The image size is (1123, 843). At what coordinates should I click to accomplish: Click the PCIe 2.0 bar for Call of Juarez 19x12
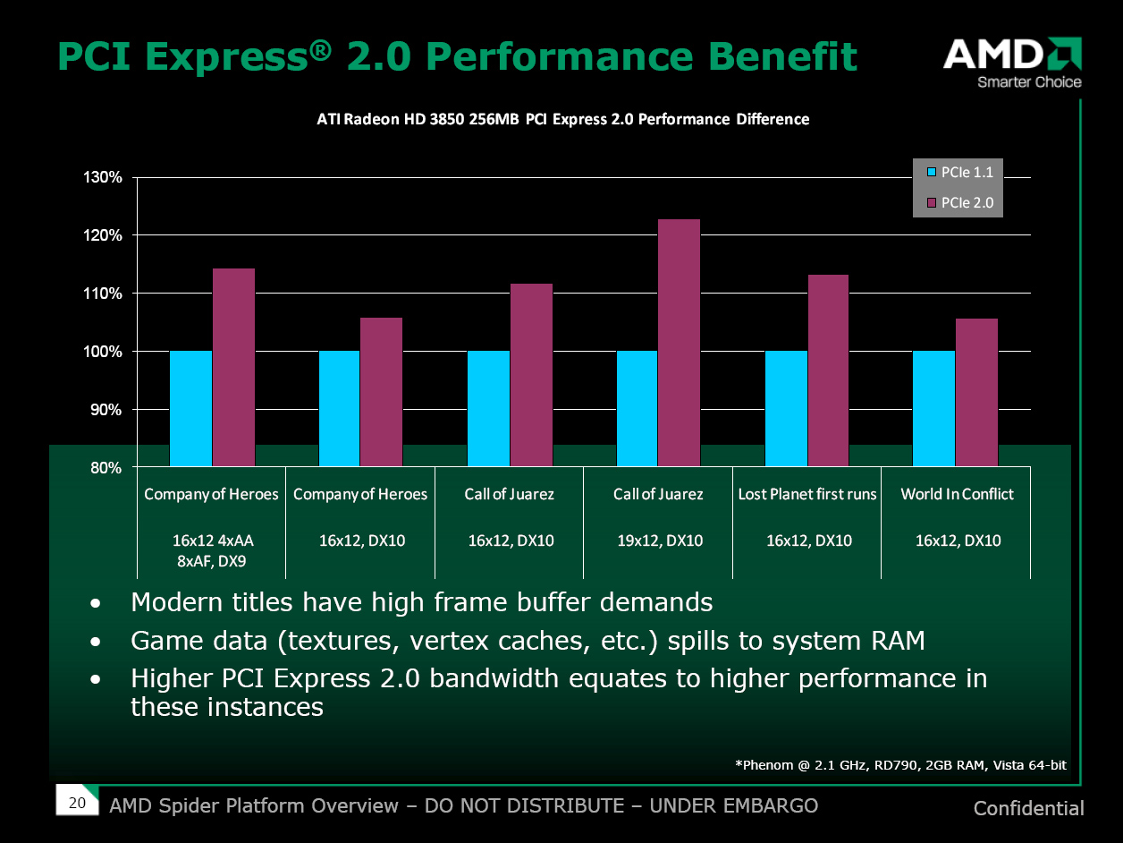pos(679,342)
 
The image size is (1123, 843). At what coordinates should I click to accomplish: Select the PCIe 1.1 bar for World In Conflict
pos(933,408)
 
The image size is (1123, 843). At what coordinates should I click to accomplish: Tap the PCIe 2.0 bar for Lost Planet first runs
pos(828,370)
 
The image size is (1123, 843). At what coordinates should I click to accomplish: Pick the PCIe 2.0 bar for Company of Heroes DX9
pos(233,367)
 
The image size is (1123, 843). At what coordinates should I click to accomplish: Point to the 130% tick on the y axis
pos(104,177)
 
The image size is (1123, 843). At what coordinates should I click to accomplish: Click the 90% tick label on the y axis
pos(107,410)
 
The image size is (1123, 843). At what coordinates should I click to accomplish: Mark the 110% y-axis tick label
pos(104,294)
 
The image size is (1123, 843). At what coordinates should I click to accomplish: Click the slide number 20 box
pos(77,803)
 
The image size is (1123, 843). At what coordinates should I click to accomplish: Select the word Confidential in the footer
pos(1028,809)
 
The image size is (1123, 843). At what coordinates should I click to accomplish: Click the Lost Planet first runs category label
pos(806,494)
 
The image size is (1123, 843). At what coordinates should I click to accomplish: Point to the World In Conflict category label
pos(957,494)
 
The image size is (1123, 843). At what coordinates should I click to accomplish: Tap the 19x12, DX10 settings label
pos(658,541)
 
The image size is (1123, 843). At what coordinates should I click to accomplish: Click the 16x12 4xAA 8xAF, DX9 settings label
pos(211,551)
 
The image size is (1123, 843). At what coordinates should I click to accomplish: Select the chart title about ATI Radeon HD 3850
pos(563,119)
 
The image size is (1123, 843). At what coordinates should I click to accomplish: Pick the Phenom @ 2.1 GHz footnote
pos(900,764)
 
